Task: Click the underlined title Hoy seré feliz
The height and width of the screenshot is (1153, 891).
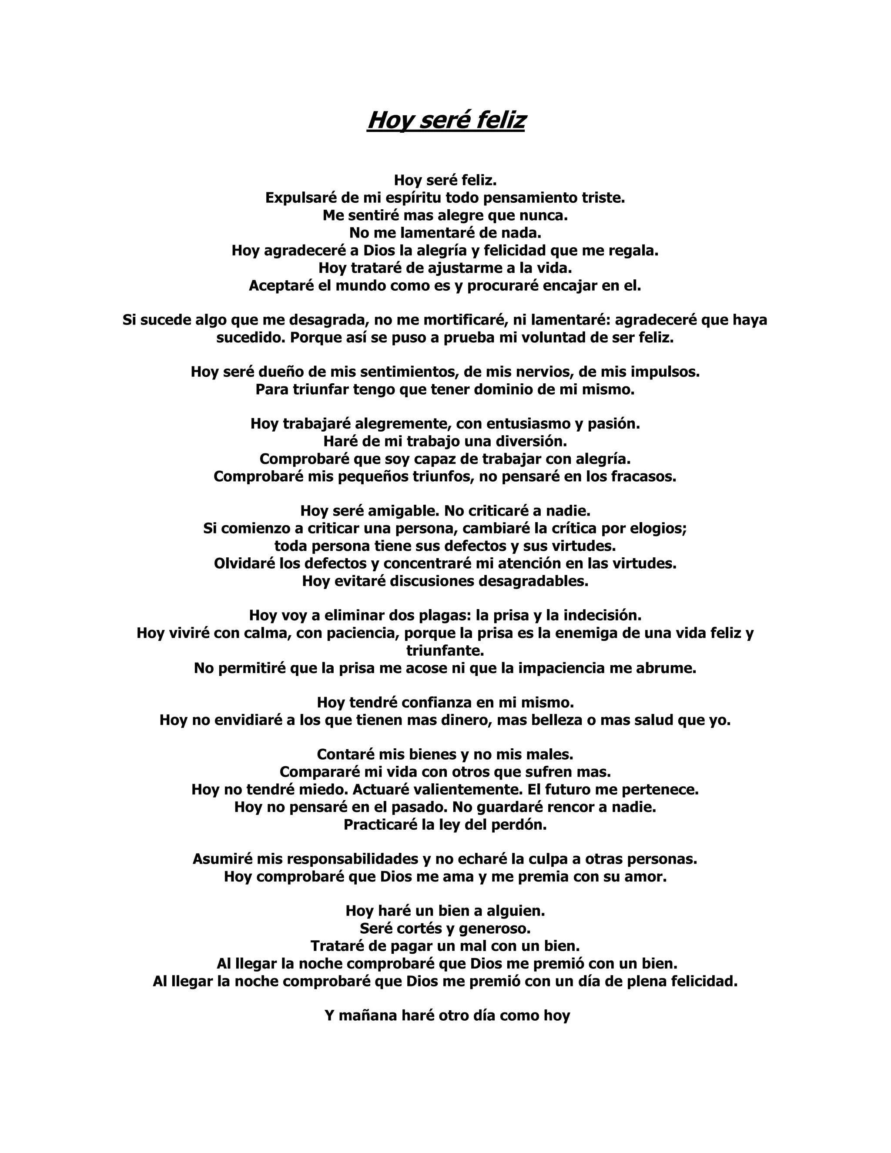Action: [x=445, y=121]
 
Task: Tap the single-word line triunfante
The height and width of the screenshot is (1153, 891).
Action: [x=445, y=650]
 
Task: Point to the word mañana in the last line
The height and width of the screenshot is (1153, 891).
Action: [x=367, y=1016]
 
